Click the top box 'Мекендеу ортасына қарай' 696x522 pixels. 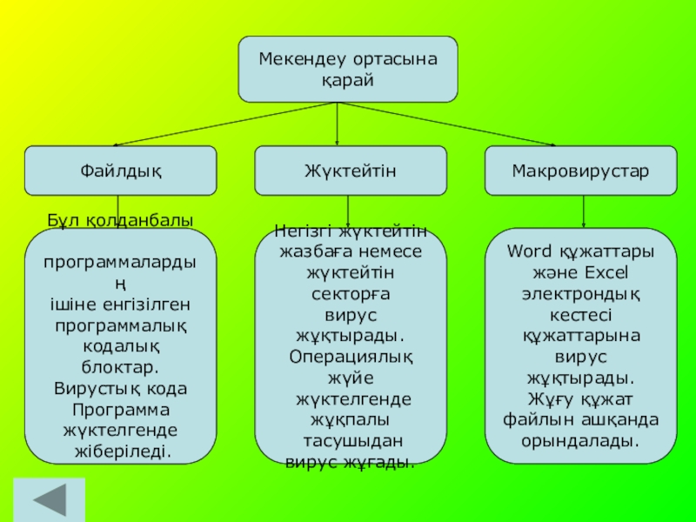tap(348, 70)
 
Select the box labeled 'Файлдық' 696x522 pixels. tap(121, 171)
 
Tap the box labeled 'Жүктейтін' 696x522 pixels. tap(351, 171)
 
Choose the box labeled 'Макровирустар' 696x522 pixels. tap(580, 171)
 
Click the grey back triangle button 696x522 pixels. tap(50, 500)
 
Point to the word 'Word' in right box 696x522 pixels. tap(530, 251)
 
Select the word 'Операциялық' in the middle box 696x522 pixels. tap(351, 358)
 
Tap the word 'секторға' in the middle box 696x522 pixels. tap(351, 294)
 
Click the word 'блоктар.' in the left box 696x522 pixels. tap(120, 367)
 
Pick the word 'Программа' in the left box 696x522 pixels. tap(121, 410)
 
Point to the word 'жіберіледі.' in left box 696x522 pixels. tap(123, 452)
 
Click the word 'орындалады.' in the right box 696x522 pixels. tap(580, 442)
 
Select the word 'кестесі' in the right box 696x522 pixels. tap(580, 315)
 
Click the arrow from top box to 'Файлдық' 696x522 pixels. tap(224, 124)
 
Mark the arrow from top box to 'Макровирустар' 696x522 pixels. tap(446, 124)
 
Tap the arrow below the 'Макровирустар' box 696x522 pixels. tap(583, 211)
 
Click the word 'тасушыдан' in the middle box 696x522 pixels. tap(353, 441)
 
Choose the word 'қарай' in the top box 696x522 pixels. tap(348, 81)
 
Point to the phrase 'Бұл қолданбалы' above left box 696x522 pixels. tap(120, 221)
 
